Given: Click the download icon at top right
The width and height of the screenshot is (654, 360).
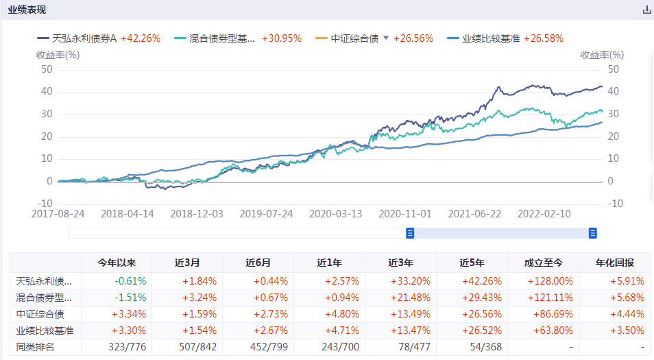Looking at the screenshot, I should coord(646,10).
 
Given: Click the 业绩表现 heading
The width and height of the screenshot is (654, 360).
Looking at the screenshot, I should coord(27,10).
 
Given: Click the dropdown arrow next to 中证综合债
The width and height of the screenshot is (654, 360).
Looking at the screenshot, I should coord(386,38).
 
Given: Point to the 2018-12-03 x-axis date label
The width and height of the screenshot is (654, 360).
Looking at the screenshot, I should coord(197,214).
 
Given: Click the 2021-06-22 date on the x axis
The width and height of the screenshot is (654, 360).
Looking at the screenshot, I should coord(474,214).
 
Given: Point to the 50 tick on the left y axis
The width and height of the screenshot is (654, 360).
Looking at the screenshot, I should coord(47,69).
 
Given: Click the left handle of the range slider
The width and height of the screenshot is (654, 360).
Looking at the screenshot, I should coord(410,233).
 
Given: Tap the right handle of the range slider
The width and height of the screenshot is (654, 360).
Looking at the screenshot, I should coord(593,233).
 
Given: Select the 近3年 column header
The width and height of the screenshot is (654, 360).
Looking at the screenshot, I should coord(400,263).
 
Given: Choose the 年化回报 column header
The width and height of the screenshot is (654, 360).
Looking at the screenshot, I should coord(615,263).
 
